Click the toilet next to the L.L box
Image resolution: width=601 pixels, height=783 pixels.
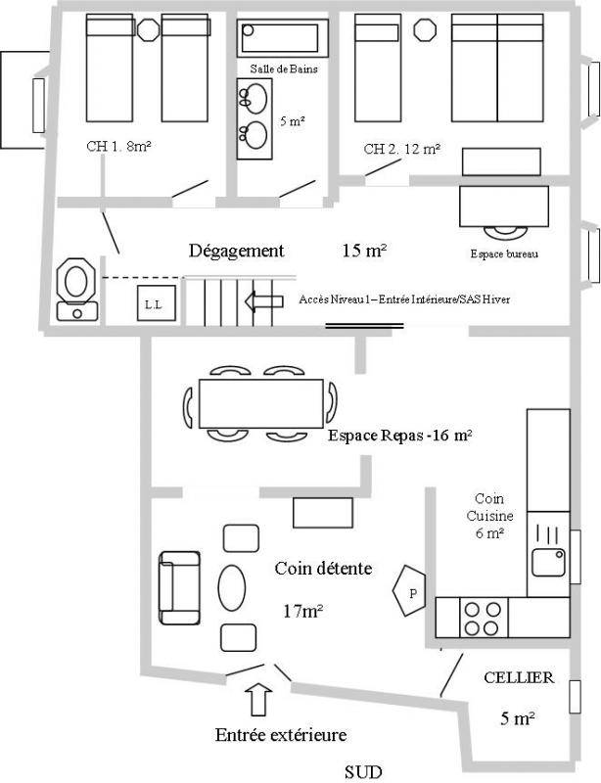[76, 289]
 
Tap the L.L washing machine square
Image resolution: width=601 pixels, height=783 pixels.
[157, 303]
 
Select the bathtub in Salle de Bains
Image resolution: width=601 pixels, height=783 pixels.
[282, 38]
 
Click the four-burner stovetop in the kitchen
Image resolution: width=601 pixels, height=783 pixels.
[484, 618]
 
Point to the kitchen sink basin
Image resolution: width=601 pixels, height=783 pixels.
[548, 562]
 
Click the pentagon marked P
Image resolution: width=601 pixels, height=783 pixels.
[409, 591]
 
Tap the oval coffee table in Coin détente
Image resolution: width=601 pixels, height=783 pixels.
[232, 587]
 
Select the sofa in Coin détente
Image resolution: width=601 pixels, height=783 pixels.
[179, 588]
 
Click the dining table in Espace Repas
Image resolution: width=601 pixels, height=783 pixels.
[260, 403]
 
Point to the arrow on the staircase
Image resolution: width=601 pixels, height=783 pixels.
[264, 301]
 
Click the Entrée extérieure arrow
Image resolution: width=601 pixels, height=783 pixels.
[258, 700]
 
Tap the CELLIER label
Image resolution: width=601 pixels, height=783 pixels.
[519, 677]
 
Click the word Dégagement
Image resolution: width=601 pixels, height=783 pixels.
[236, 251]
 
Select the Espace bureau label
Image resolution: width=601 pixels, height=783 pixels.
[504, 253]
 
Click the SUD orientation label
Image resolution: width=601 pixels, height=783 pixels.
[363, 772]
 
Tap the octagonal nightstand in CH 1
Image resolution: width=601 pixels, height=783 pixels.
[148, 29]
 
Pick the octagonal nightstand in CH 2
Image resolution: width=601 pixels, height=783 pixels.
[425, 29]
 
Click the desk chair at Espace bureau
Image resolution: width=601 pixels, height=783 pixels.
[505, 234]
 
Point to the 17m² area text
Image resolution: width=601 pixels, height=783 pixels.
[302, 611]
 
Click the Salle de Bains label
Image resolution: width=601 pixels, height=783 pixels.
[284, 69]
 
